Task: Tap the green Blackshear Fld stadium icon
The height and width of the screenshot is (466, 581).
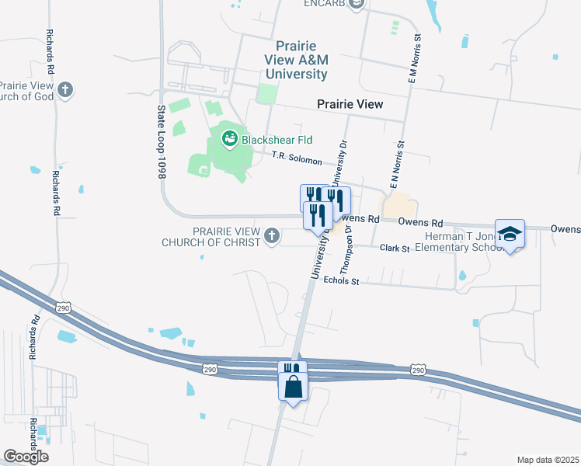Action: click(x=229, y=140)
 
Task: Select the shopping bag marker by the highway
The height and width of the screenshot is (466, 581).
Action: click(x=293, y=386)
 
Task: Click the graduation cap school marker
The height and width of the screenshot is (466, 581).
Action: click(x=510, y=235)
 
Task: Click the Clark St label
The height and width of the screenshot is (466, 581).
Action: click(x=395, y=249)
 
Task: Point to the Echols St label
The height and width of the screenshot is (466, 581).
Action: click(x=341, y=281)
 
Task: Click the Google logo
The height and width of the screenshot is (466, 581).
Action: click(x=26, y=456)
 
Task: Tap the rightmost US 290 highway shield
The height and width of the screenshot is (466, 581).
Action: click(x=418, y=370)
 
